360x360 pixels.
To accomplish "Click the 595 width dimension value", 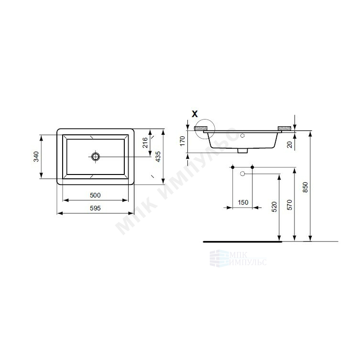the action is (x=95, y=208).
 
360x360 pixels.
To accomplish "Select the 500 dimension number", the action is (x=95, y=195).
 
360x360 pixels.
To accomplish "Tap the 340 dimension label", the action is (x=36, y=157).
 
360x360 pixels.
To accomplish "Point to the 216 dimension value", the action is (x=145, y=142).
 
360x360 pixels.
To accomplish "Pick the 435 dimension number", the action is (x=158, y=157).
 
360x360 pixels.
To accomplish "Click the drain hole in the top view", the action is (x=95, y=157).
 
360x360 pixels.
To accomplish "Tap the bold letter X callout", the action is (x=195, y=114).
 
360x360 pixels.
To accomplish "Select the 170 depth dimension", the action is (x=182, y=141).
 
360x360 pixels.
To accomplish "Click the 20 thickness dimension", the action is (x=290, y=144).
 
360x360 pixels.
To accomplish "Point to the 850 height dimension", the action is (x=305, y=187).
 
